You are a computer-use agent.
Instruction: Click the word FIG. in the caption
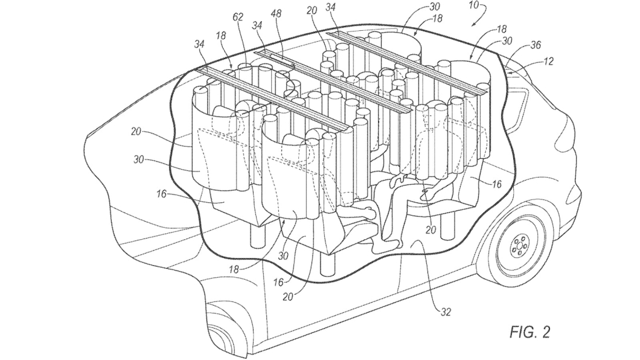tap(517, 332)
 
